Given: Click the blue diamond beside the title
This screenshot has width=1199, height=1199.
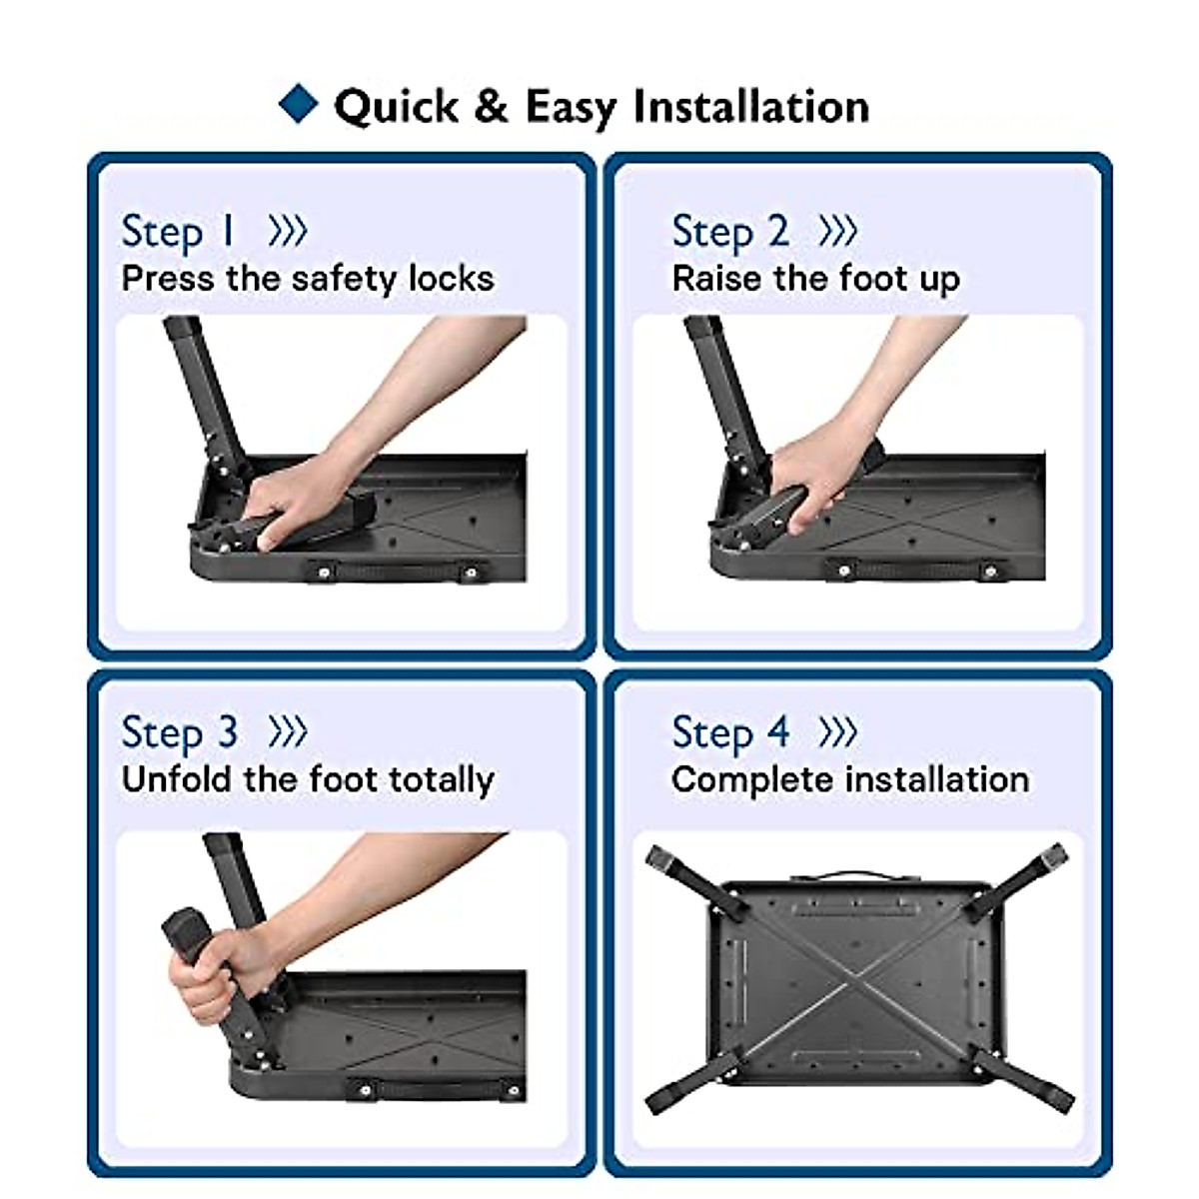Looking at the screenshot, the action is [298, 103].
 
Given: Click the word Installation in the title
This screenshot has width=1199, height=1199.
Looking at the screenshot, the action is [751, 106].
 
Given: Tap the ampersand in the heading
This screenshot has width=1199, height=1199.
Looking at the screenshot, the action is [491, 106].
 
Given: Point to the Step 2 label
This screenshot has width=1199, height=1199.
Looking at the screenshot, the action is [730, 232].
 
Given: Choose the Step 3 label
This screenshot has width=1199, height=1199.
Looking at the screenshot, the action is [179, 733].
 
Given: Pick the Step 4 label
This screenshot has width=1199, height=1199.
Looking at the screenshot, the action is [730, 733].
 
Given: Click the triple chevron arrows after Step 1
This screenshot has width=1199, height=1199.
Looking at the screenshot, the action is [288, 231].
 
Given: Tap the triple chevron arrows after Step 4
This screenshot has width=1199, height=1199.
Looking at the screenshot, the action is [837, 731].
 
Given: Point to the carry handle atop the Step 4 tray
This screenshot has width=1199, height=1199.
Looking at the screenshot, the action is [856, 876].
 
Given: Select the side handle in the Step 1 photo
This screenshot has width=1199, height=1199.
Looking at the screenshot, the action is [397, 572].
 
